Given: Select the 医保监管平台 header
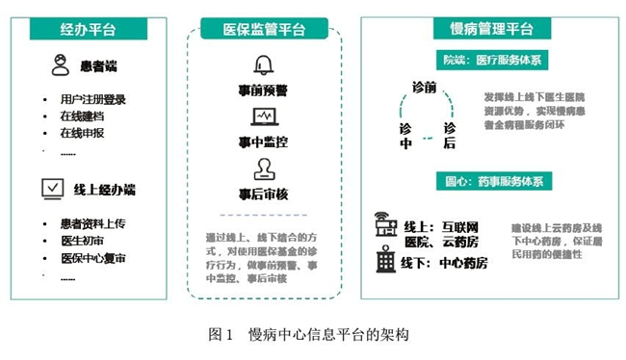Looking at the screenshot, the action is [x=264, y=29].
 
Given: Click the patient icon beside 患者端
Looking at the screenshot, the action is [x=60, y=66].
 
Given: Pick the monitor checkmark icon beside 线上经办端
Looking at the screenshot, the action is [x=52, y=189].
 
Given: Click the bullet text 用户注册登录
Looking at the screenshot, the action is [x=92, y=99].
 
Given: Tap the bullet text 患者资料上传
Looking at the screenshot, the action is [x=92, y=224].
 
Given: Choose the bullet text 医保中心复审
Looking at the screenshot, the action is [x=92, y=259].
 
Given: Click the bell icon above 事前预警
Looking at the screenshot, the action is [x=263, y=65].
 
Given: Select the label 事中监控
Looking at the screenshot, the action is [x=263, y=141].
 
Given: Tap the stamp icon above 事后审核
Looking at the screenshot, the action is [x=263, y=169].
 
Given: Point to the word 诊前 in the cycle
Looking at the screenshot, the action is [x=424, y=88].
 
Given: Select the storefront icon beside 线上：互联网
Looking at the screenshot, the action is [x=386, y=226].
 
